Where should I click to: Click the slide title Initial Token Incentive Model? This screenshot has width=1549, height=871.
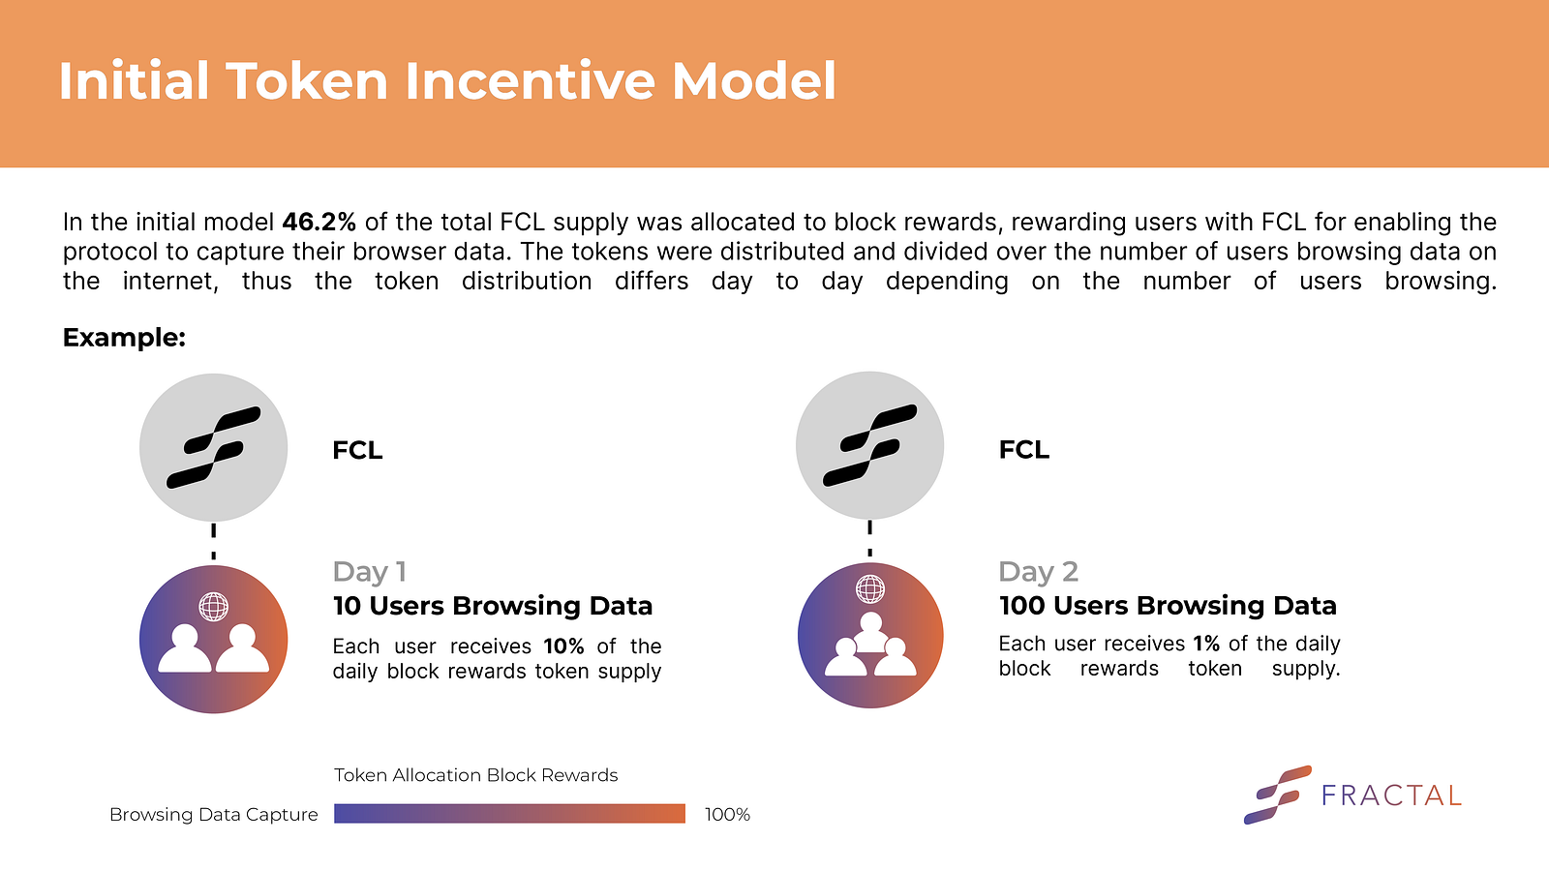447,81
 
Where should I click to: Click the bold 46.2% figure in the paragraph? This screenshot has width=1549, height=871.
319,222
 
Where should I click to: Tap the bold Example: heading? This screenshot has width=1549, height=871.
125,338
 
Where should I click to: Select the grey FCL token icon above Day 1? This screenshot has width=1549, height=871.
214,447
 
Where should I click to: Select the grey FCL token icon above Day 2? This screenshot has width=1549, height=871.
870,445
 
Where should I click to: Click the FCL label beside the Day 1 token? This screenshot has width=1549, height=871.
357,450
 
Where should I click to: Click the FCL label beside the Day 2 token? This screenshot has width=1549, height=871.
1024,449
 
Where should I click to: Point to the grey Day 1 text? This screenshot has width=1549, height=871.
369,572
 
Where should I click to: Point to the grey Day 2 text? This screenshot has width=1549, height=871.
1038,572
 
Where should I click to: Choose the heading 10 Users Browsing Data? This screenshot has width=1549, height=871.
493,606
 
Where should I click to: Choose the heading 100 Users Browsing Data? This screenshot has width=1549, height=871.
1168,606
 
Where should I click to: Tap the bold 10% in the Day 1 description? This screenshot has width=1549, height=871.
563,646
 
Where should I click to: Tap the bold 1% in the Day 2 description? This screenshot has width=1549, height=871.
1206,644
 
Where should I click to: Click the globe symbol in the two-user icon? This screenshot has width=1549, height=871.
214,607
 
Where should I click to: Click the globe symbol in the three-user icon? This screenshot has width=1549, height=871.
870,589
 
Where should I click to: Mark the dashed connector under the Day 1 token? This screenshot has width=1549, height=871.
214,541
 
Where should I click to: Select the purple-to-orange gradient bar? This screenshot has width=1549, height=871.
509,814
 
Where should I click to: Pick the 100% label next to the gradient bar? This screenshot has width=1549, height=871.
727,814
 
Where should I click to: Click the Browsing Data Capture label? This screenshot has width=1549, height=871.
214,814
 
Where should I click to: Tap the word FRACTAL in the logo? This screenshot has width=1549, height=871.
1391,796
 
